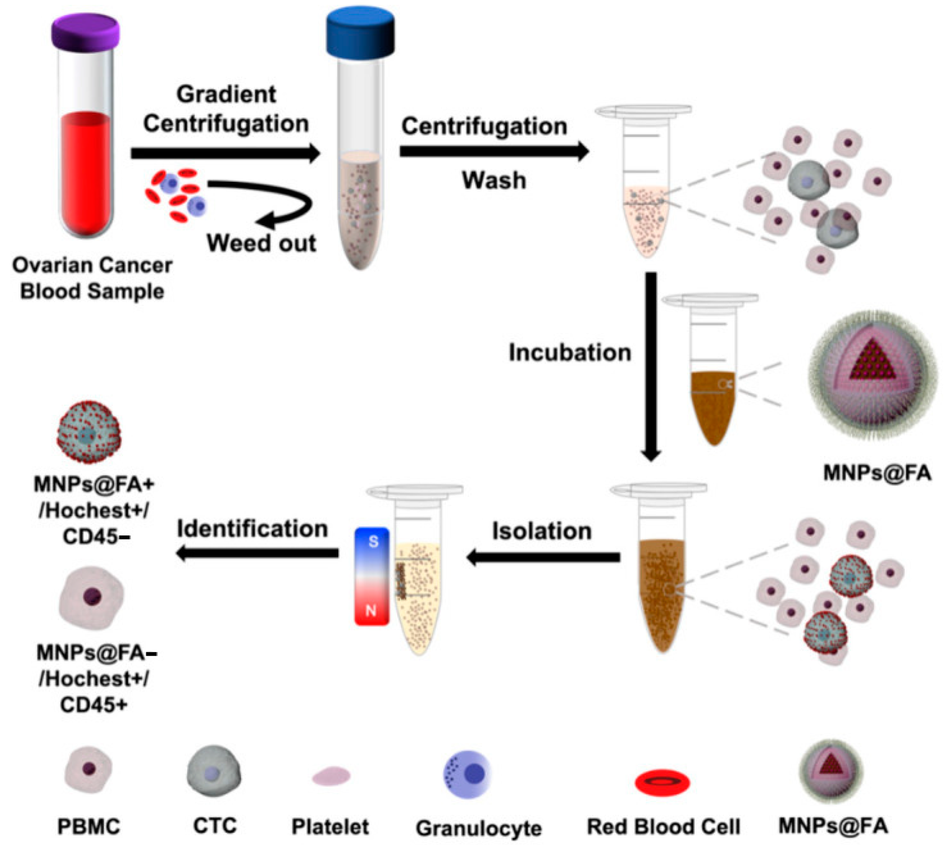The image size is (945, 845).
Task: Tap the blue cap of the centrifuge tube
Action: tap(360, 35)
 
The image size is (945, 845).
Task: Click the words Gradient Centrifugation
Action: tap(226, 109)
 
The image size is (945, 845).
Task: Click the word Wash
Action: tap(494, 180)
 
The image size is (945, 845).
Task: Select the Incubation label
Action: tap(569, 353)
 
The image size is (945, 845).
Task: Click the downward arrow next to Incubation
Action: tap(651, 367)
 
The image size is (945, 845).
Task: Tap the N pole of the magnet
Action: tap(371, 609)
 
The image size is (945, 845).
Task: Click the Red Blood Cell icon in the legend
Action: tap(662, 782)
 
